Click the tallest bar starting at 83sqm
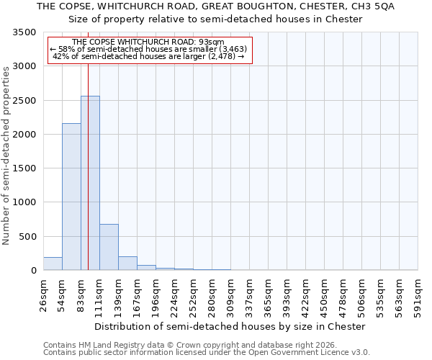[x=90, y=184]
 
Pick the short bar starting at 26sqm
[x=53, y=264]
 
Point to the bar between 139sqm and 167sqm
[x=127, y=263]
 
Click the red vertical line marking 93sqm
[x=88, y=166]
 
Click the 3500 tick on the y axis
[x=25, y=32]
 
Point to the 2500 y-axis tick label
[x=25, y=101]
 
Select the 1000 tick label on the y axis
[x=25, y=202]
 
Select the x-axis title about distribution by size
[x=230, y=326]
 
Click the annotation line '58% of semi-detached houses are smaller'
[x=149, y=49]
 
